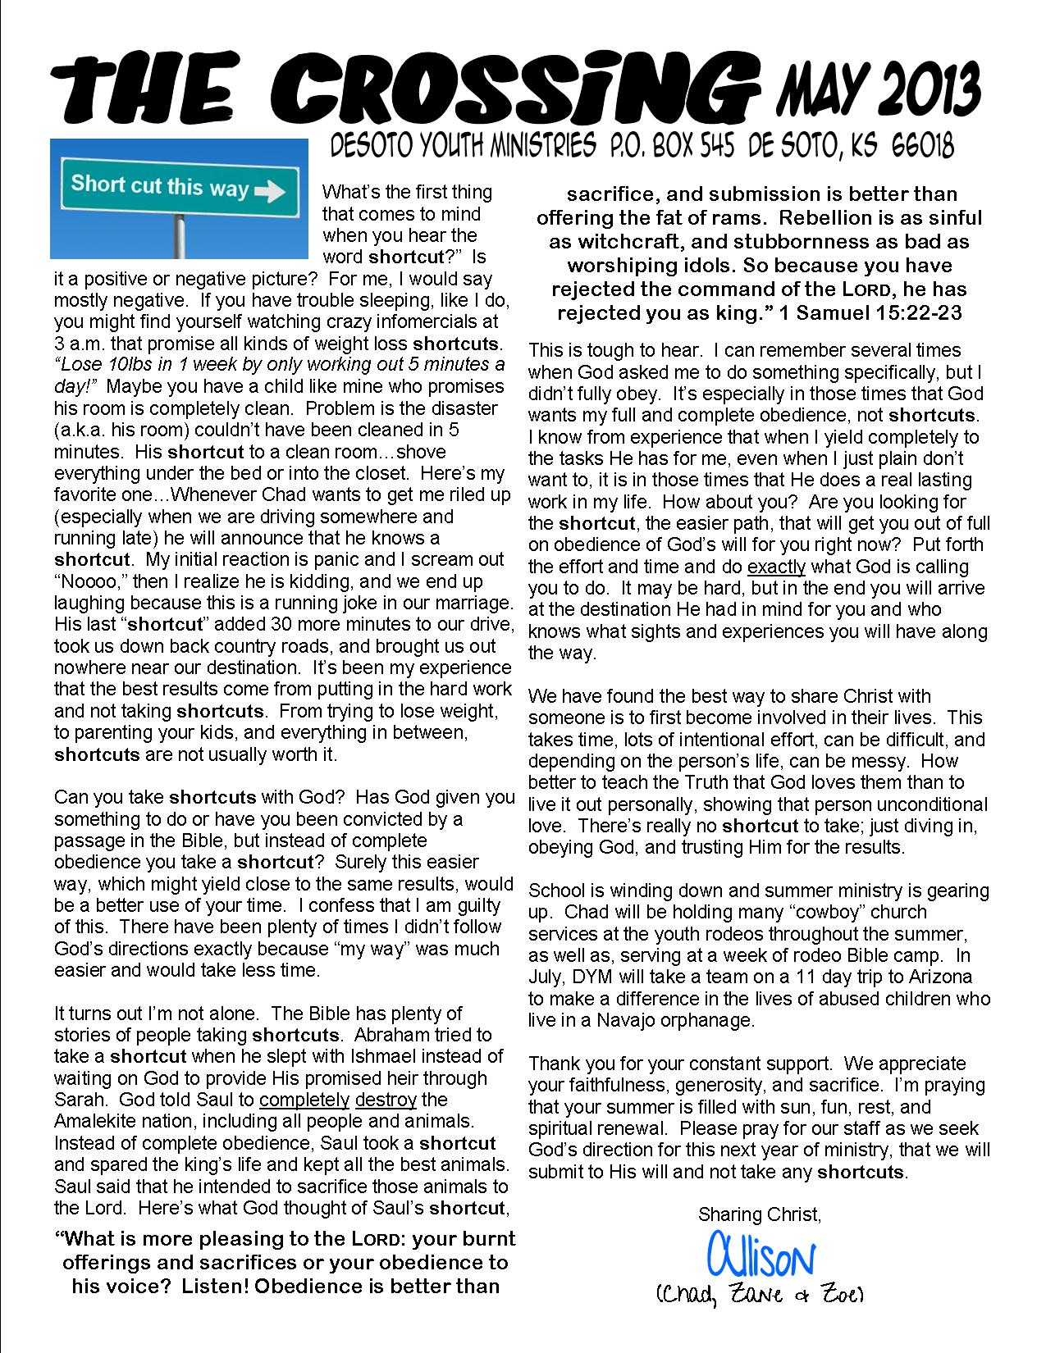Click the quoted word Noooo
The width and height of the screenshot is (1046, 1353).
point(89,581)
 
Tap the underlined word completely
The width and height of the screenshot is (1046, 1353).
point(304,1100)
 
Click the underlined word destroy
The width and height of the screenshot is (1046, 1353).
point(386,1100)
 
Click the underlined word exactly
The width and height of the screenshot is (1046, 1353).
point(776,567)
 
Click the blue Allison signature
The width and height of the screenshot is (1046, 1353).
point(760,1254)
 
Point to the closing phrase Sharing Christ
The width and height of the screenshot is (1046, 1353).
point(759,1214)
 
